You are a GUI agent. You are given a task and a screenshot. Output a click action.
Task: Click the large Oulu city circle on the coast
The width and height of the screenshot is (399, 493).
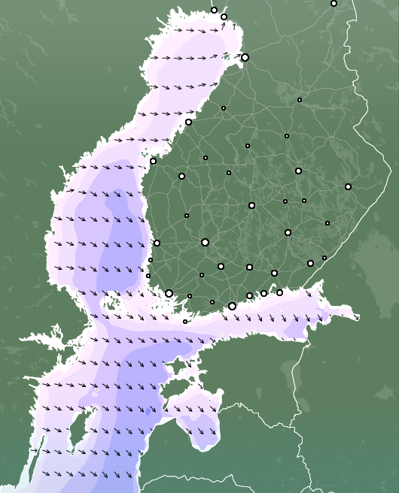[x=245, y=57]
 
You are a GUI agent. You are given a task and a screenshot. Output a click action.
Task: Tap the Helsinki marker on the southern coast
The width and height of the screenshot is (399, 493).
[x=232, y=306]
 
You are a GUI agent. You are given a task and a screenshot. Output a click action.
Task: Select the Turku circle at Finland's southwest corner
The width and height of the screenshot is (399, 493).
[x=169, y=293]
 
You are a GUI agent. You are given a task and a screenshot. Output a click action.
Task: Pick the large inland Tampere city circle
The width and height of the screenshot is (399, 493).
[x=205, y=242]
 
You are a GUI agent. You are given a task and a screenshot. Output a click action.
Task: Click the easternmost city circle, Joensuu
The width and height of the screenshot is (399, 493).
[x=348, y=186]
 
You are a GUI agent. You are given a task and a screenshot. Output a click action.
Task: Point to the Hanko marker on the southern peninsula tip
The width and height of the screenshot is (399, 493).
[x=184, y=322]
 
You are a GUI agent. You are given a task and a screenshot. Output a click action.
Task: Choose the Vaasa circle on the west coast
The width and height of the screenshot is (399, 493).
[x=153, y=161]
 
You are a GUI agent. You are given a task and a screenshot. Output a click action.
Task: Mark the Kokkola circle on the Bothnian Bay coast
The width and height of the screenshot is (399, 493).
[x=188, y=122]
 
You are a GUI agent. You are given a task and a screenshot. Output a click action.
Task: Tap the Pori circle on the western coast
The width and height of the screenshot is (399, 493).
[x=157, y=243]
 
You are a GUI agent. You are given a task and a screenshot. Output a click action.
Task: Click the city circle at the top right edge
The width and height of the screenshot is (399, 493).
[x=334, y=3]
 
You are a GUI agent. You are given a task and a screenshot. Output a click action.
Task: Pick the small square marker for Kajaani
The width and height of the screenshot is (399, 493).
[x=299, y=99]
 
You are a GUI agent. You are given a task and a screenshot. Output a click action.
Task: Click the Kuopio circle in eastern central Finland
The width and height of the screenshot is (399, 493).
[x=298, y=171]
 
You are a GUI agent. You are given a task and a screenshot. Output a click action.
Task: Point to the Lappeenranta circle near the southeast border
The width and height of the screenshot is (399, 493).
[x=310, y=263]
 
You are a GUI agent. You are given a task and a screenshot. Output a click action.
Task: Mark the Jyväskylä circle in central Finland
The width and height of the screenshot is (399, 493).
[x=251, y=205]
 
